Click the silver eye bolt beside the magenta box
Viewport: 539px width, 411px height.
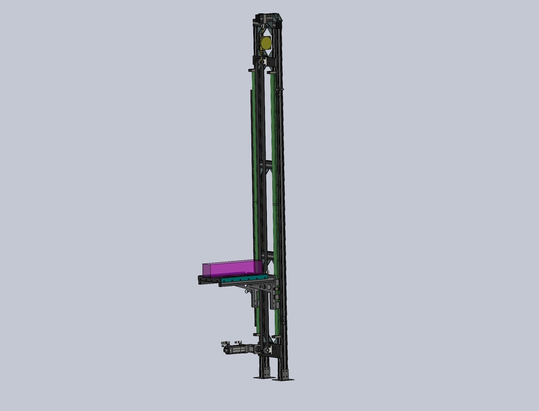tap(268, 272)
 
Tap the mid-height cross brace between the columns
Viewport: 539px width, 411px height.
tap(266, 167)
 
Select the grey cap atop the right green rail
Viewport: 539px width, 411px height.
tap(271, 71)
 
